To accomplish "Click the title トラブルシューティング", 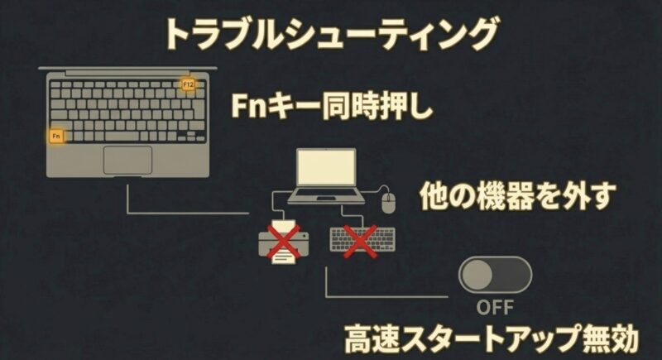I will pos(330,35).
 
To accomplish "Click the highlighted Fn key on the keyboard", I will pos(56,135).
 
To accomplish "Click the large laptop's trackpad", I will pos(127,159).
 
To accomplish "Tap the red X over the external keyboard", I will pos(361,240).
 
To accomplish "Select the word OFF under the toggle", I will pos(494,308).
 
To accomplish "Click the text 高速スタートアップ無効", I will pos(491,340).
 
